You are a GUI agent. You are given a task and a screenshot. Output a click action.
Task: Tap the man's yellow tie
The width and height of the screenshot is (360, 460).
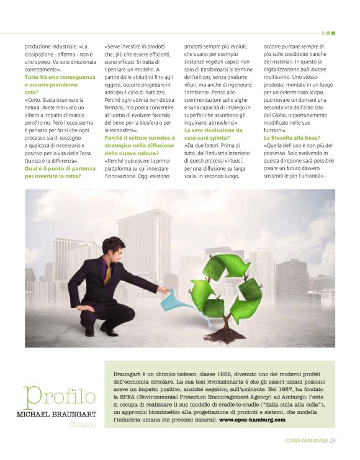108,274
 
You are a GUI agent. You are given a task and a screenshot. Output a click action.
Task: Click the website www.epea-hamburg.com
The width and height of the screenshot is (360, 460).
253,420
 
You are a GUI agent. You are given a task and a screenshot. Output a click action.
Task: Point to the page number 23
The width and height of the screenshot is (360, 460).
332,441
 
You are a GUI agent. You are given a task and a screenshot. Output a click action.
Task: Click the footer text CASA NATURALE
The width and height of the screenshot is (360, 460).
307,441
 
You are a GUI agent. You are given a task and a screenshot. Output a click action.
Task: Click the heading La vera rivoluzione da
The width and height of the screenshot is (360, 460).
213,130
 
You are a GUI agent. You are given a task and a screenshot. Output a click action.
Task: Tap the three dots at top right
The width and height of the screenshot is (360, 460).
328,33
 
